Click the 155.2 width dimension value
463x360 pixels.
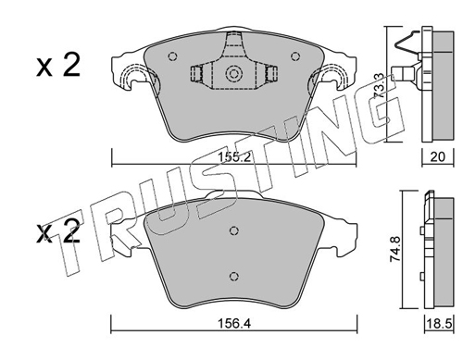pyautogui.click(x=233, y=157)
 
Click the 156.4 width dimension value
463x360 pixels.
pyautogui.click(x=233, y=324)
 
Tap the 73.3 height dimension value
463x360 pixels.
pyautogui.click(x=379, y=85)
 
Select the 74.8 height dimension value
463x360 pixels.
pyautogui.click(x=396, y=249)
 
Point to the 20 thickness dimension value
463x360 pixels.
pyautogui.click(x=437, y=157)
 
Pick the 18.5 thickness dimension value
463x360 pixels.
pyautogui.click(x=440, y=324)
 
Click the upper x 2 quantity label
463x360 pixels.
pyautogui.click(x=58, y=66)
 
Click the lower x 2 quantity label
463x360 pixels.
pyautogui.click(x=58, y=233)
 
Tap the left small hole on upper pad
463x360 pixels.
pyautogui.click(x=173, y=56)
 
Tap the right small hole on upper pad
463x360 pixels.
pyautogui.click(x=295, y=56)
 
